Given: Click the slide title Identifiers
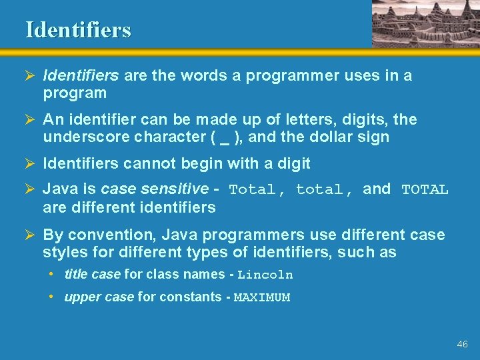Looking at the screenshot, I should pos(79,30).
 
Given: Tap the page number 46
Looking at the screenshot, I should pos(462,345).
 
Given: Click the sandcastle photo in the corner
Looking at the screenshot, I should pos(424,23).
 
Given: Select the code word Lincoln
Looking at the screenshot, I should pos(265,275).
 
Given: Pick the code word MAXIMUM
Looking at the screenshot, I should pos(262,298).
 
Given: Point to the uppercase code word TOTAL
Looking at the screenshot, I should pos(425,190).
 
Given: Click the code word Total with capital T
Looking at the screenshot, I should pos(251,190).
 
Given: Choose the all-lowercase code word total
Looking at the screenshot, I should pos(319,190).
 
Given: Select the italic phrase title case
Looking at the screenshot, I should pos(93,275).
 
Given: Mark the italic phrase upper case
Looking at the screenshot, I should pos(99,297).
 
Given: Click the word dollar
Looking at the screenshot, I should pos(337,138).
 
